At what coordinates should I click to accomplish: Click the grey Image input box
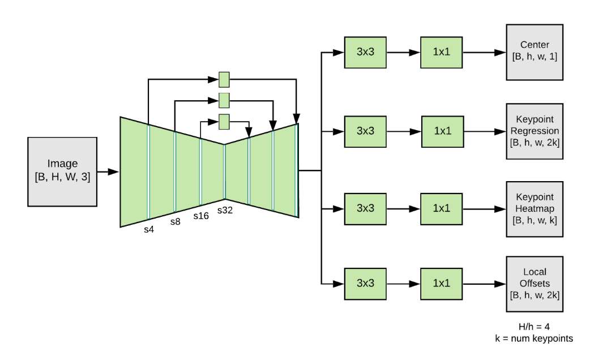62,170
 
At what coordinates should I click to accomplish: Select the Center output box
535,52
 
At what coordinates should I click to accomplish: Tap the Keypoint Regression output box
535,131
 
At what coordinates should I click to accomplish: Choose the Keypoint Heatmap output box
535,209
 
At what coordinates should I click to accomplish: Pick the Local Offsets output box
535,283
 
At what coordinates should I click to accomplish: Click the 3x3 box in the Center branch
365,53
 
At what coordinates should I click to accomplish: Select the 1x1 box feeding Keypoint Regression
442,131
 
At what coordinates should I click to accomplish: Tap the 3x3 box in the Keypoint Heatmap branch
365,208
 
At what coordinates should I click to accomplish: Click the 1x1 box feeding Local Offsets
442,283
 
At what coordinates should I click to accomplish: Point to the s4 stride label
148,229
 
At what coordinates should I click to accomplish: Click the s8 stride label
175,221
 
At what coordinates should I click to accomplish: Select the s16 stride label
201,216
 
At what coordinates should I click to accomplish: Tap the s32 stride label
225,209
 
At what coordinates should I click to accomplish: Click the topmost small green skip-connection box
224,79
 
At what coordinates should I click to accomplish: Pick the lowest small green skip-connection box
224,121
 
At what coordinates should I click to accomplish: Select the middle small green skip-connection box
224,100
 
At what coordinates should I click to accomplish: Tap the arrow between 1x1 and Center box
484,53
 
